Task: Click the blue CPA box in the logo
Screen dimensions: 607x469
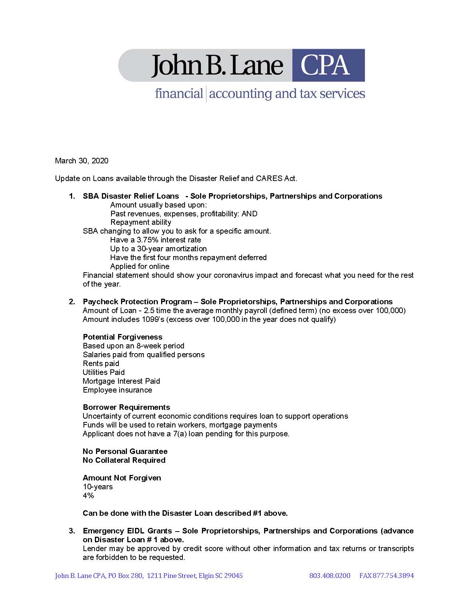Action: pyautogui.click(x=328, y=65)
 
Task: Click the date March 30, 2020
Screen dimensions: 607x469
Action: pyautogui.click(x=82, y=161)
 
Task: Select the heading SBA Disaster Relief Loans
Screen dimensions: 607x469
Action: pyautogui.click(x=131, y=196)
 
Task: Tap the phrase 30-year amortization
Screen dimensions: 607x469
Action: pyautogui.click(x=172, y=249)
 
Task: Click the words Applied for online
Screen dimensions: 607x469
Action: pyautogui.click(x=140, y=266)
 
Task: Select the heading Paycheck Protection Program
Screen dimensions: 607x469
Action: pyautogui.click(x=137, y=302)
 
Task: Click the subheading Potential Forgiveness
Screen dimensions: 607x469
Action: pyautogui.click(x=122, y=337)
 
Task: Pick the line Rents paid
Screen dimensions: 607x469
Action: pyautogui.click(x=101, y=363)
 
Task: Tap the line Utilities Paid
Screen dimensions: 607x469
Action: pyautogui.click(x=104, y=372)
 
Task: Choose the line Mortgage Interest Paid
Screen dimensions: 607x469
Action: pyautogui.click(x=121, y=381)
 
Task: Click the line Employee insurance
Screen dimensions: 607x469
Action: pyautogui.click(x=117, y=390)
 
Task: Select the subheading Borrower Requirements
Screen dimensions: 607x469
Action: pyautogui.click(x=127, y=407)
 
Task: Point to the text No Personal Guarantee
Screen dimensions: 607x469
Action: pyautogui.click(x=125, y=451)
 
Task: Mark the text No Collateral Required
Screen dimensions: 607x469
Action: pyautogui.click(x=124, y=460)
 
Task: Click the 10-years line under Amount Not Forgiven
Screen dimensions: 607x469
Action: pyautogui.click(x=98, y=487)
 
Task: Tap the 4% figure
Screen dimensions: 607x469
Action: pyautogui.click(x=88, y=496)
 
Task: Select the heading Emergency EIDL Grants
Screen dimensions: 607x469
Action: pyautogui.click(x=127, y=531)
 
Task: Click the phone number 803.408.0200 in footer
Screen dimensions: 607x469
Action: pyautogui.click(x=330, y=576)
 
